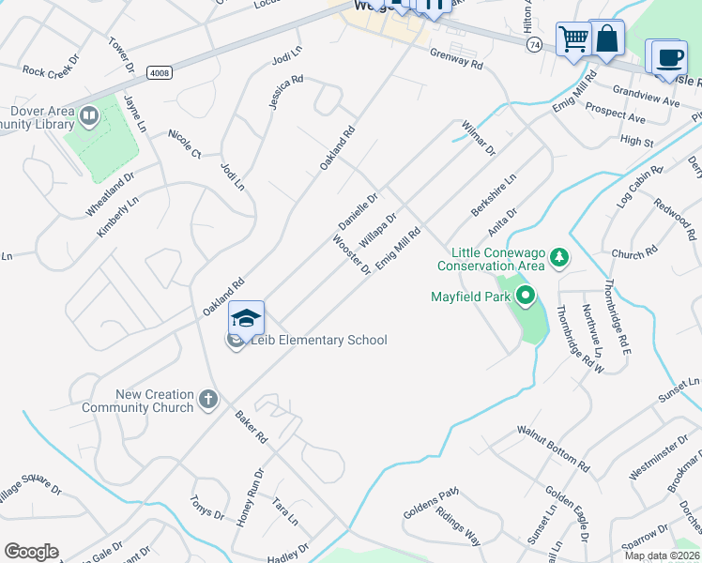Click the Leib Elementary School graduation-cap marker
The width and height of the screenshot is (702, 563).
[x=245, y=319]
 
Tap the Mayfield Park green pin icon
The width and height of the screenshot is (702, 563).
[x=525, y=298]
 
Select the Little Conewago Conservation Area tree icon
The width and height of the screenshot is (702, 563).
[x=558, y=256]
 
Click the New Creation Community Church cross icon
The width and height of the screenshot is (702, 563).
[x=207, y=402]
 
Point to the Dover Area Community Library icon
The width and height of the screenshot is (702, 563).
[x=89, y=116]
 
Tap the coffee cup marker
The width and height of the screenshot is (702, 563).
[x=668, y=57]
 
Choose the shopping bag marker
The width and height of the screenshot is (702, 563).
[x=606, y=38]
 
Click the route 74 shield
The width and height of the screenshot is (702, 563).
[x=534, y=44]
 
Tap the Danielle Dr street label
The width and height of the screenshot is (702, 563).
[x=358, y=212]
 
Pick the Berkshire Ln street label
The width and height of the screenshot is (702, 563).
[x=494, y=193]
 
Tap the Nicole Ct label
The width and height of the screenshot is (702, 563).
[x=185, y=144]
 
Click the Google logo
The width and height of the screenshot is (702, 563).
[x=31, y=552]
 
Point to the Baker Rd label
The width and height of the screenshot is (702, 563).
[x=252, y=426]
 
